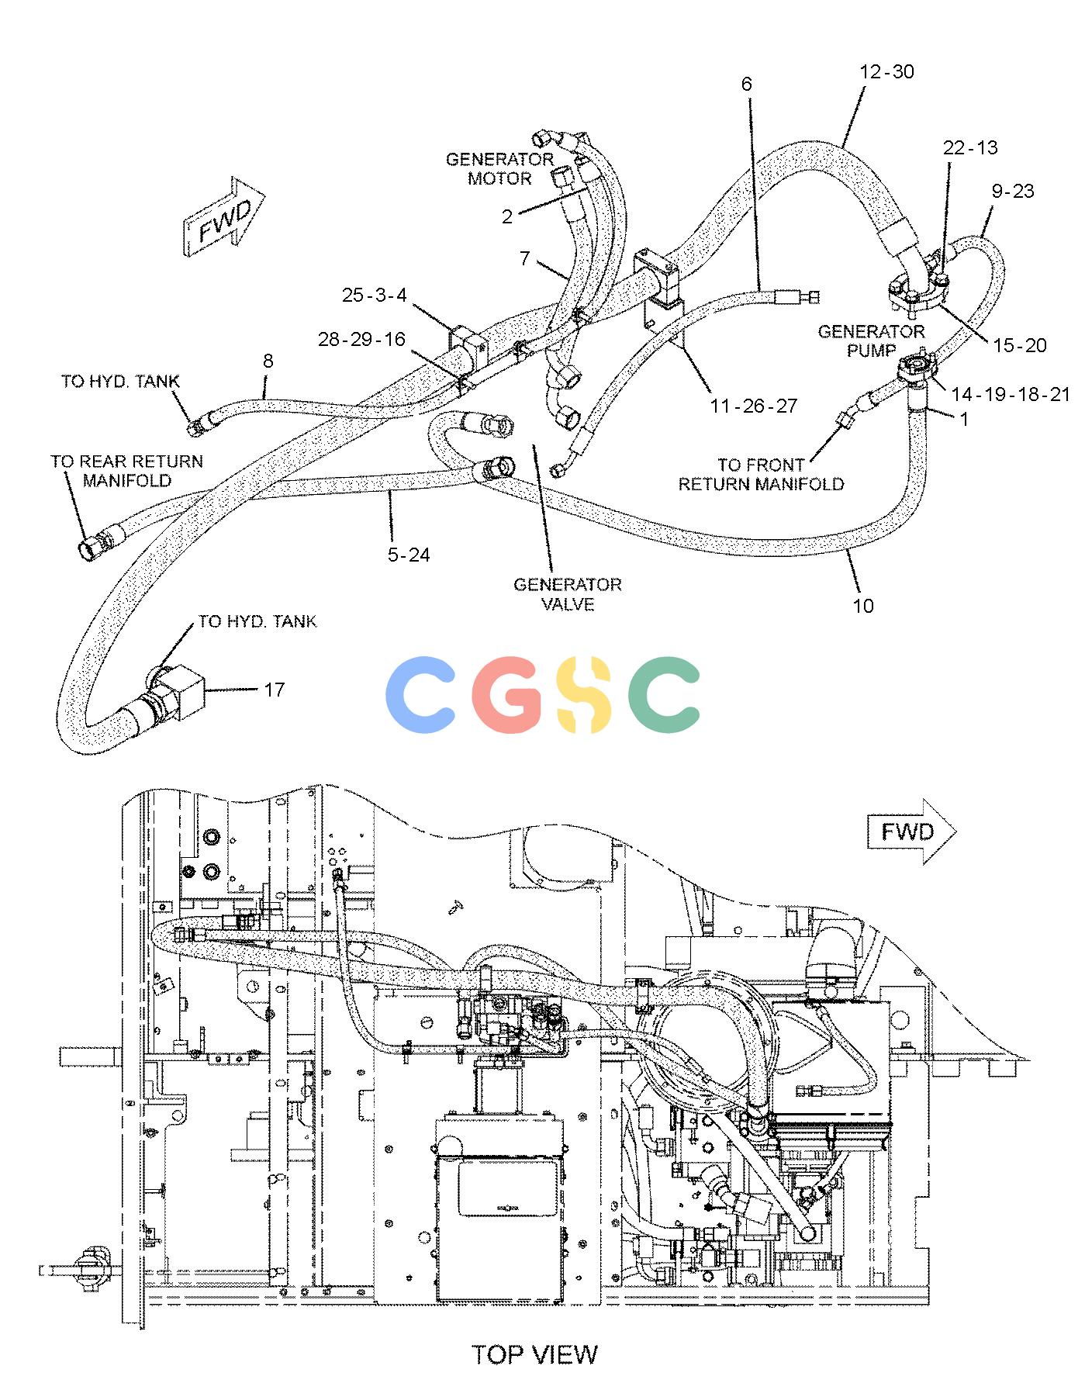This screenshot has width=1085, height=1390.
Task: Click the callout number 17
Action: click(x=275, y=690)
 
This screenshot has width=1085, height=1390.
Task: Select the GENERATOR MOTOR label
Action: click(x=499, y=169)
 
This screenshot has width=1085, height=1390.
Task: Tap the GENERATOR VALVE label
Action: click(x=568, y=594)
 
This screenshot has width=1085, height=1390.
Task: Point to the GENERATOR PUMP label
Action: click(x=872, y=341)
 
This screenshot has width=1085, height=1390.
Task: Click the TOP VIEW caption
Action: click(x=535, y=1354)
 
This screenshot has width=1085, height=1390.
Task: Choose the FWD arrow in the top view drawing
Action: click(x=911, y=832)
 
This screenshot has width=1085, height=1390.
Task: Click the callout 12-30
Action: click(x=887, y=71)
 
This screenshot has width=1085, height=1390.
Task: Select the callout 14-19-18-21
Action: click(x=1011, y=395)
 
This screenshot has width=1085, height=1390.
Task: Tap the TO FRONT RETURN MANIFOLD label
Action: click(x=761, y=475)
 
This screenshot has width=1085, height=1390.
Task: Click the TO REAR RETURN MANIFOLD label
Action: click(x=127, y=471)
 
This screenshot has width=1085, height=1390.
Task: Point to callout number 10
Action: click(x=863, y=606)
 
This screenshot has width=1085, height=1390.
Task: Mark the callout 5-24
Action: click(x=409, y=555)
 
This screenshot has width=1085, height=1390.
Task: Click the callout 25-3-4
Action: click(x=375, y=296)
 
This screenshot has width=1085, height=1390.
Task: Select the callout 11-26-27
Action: click(x=752, y=406)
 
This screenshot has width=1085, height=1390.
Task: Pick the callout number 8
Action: click(x=268, y=361)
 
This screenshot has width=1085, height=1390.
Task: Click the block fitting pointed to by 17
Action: click(x=180, y=684)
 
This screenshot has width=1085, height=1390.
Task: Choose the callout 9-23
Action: click(x=1013, y=191)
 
